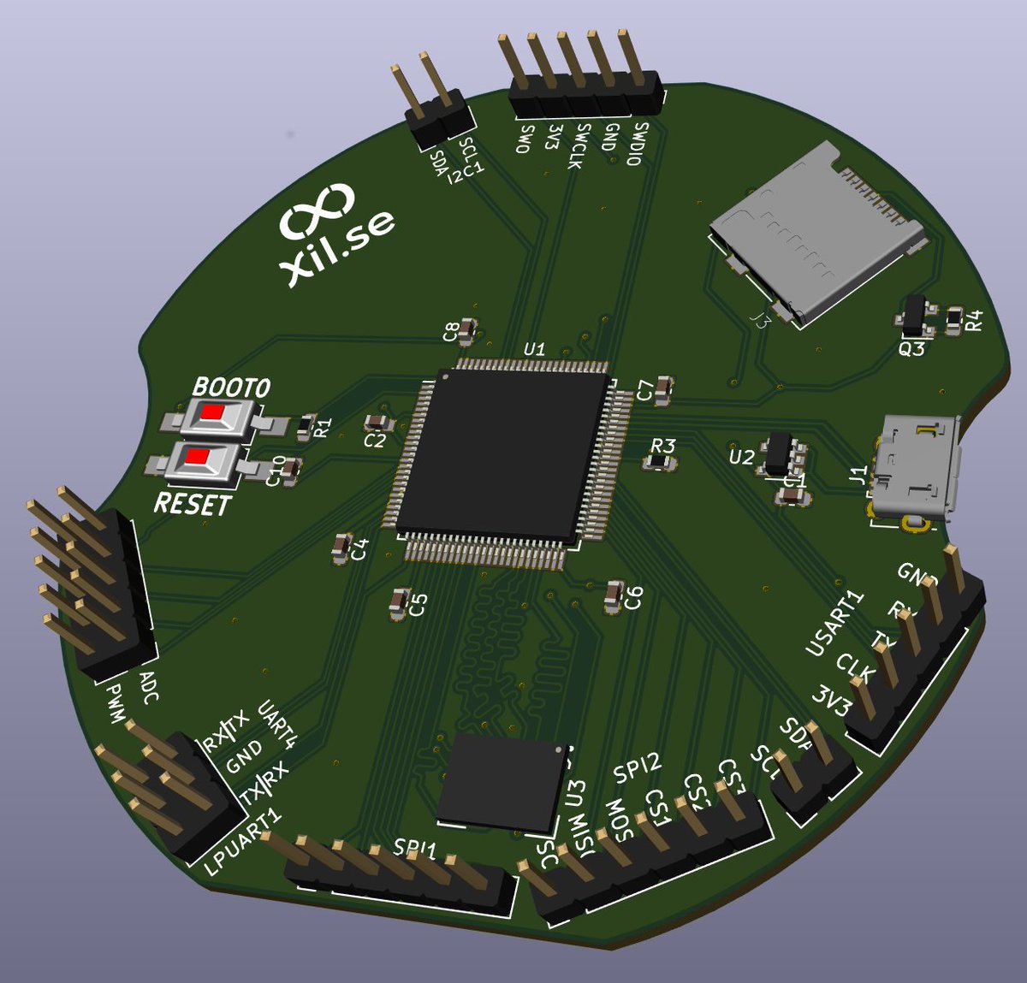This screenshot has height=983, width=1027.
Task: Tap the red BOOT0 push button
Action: point(211,416)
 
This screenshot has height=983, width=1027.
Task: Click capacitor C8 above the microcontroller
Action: point(467,331)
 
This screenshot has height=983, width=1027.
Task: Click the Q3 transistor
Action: point(915,316)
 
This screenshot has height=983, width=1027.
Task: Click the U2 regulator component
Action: point(779,453)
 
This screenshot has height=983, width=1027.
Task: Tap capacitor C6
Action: point(614,596)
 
